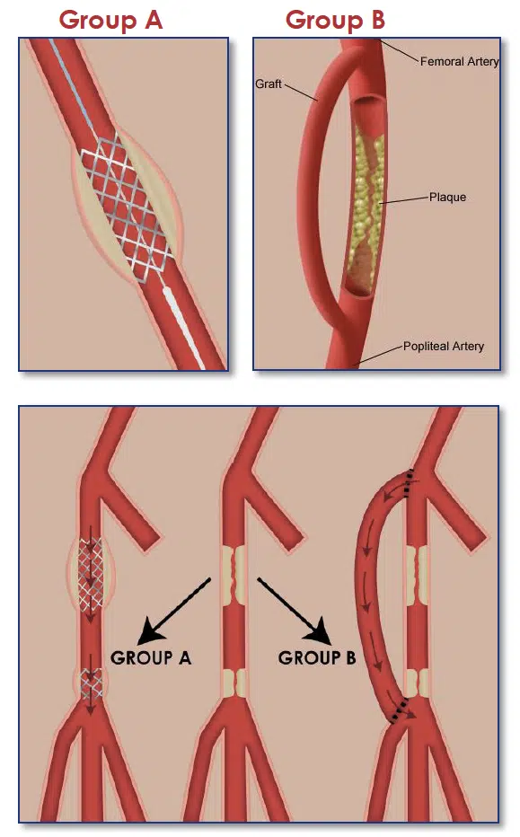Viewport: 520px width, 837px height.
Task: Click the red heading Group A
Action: coord(110,21)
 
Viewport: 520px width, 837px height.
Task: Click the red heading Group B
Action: coord(335,21)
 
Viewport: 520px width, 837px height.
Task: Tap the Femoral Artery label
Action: coord(459,61)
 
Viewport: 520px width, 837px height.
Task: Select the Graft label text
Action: coord(268,84)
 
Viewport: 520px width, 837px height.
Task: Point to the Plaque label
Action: coord(447,197)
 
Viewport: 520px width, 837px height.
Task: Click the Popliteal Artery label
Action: coord(443,347)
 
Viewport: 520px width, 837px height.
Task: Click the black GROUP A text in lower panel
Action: coord(151,657)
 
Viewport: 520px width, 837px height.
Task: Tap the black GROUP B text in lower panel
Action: coord(317,657)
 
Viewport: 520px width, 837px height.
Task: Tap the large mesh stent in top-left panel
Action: coord(127,207)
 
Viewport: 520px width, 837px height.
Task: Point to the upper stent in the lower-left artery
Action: coord(91,575)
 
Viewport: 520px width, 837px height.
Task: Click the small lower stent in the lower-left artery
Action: coord(91,683)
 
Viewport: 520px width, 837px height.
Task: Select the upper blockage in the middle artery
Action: coord(234,575)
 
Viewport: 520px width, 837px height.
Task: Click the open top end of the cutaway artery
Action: coord(368,100)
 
